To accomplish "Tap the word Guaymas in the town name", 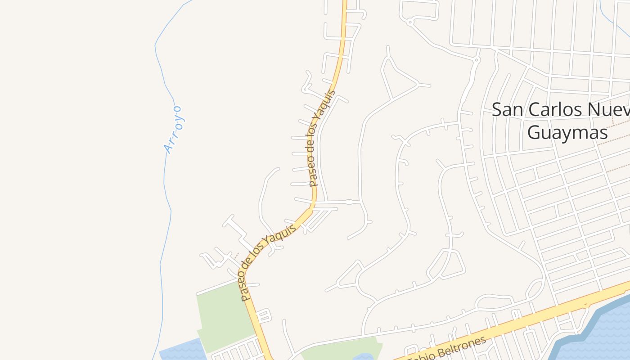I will click(567, 133).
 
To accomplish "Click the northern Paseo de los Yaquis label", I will click(322, 139).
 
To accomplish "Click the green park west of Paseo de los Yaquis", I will click(224, 315).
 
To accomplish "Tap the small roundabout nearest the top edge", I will click(409, 21).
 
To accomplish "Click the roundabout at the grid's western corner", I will click(476, 59).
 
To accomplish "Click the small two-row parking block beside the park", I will click(264, 315).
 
